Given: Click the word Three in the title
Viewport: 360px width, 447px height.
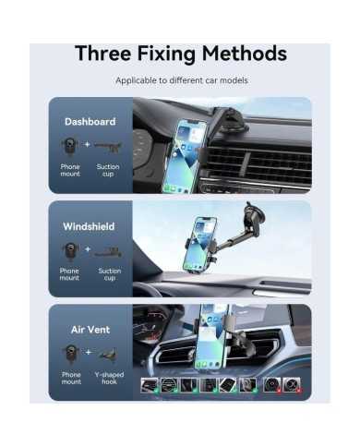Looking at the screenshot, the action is pyautogui.click(x=103, y=54).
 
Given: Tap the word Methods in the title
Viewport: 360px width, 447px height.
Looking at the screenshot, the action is pyautogui.click(x=245, y=54).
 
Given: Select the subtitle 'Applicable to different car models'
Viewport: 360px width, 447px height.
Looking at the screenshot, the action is pyautogui.click(x=182, y=80).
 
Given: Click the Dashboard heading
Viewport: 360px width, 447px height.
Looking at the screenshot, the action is pyautogui.click(x=90, y=122).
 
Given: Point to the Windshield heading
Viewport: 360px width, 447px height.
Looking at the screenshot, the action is pyautogui.click(x=89, y=226).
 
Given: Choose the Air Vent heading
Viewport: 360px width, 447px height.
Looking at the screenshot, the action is pyautogui.click(x=90, y=330).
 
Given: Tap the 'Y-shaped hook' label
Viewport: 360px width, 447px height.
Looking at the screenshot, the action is pyautogui.click(x=109, y=378).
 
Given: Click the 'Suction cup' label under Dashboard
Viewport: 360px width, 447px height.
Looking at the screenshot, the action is pyautogui.click(x=108, y=170).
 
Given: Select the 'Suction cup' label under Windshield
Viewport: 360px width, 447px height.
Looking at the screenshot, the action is pyautogui.click(x=110, y=274).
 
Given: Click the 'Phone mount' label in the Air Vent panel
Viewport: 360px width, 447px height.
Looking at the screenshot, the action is pyautogui.click(x=71, y=378).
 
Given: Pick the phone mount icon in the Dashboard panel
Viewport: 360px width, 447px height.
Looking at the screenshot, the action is pyautogui.click(x=70, y=146).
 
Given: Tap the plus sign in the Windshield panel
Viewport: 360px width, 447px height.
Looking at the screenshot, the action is pyautogui.click(x=88, y=248).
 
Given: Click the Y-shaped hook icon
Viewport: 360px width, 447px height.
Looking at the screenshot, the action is pyautogui.click(x=108, y=354).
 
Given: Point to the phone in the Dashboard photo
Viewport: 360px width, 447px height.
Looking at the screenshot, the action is pyautogui.click(x=184, y=156).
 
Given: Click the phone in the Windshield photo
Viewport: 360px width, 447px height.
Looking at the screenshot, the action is pyautogui.click(x=199, y=245).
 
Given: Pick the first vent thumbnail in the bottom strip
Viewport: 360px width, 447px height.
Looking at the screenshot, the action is pyautogui.click(x=150, y=385).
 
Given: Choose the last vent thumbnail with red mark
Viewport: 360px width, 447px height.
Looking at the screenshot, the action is pyautogui.click(x=292, y=385).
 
